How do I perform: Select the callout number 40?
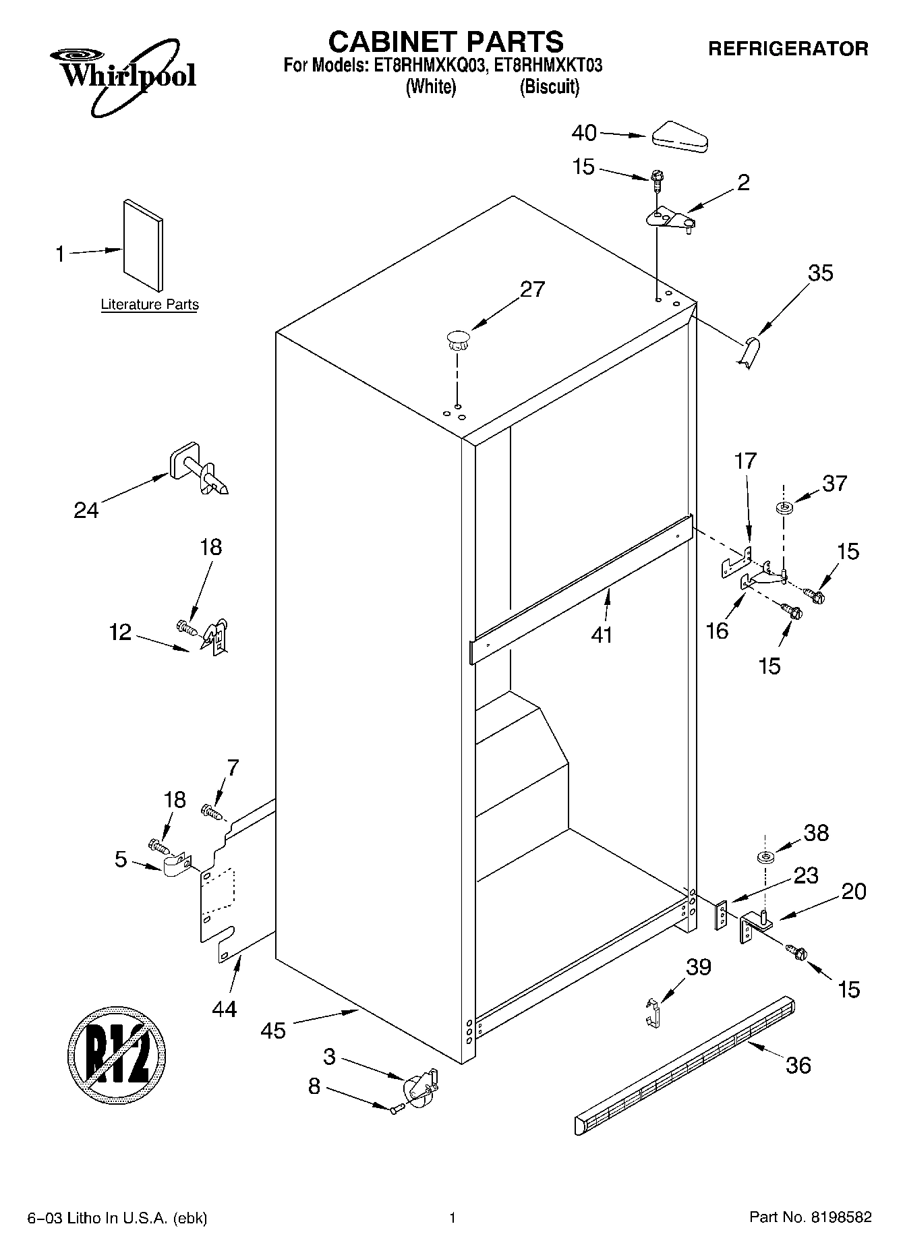[584, 133]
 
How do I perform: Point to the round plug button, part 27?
[458, 339]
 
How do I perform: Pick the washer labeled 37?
[784, 507]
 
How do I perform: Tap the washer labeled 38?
[765, 857]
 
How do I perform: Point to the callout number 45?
[273, 1031]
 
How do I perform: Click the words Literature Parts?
[150, 305]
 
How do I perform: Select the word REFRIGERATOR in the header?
[788, 49]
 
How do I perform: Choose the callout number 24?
[86, 510]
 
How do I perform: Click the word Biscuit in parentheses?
[550, 87]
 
